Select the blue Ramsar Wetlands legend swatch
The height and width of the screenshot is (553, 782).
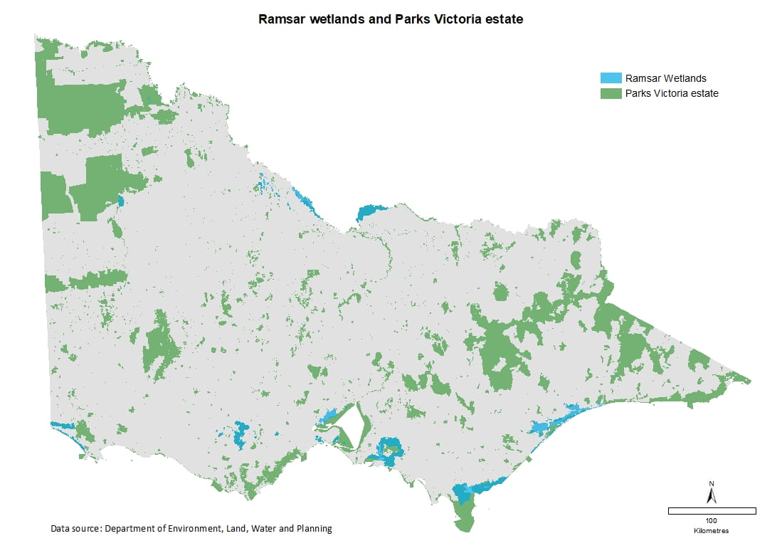(x=610, y=78)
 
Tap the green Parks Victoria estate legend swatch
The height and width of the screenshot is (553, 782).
(x=610, y=93)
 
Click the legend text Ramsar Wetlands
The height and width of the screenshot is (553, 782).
(x=665, y=78)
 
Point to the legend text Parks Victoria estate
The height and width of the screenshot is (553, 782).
(x=672, y=93)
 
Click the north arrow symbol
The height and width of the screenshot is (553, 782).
(x=711, y=493)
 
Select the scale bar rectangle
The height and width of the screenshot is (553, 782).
(x=712, y=511)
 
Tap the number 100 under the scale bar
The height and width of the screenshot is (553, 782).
(x=712, y=521)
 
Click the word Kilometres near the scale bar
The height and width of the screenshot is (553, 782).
(x=712, y=531)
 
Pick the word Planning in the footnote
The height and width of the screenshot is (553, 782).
(x=312, y=529)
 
